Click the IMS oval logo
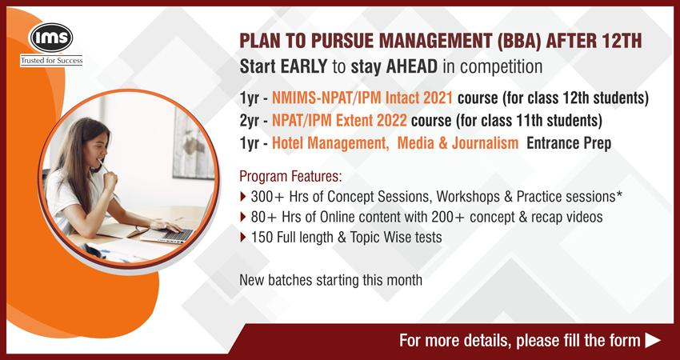click(x=50, y=38)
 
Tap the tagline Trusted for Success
click(x=51, y=61)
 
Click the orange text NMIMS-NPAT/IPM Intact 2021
click(x=362, y=98)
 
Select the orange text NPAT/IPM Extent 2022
click(x=339, y=121)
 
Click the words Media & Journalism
click(x=458, y=143)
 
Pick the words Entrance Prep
click(x=569, y=143)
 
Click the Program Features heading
click(x=290, y=177)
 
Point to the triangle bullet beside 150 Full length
click(x=242, y=237)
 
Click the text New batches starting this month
click(x=331, y=280)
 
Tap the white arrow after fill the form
click(x=653, y=341)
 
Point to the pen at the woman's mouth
click(x=102, y=166)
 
